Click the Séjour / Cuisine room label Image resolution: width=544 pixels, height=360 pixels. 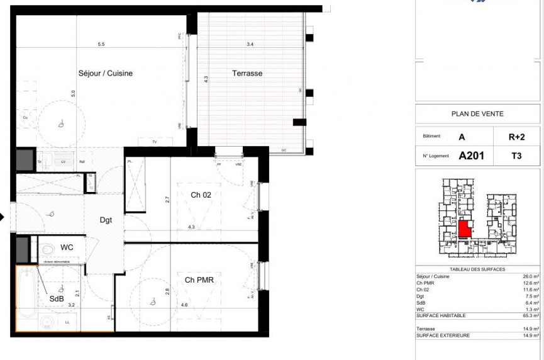pos(105,74)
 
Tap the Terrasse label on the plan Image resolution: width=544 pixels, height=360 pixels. pos(247,74)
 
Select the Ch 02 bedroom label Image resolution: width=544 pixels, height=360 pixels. pos(201,195)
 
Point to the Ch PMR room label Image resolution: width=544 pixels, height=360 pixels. pos(200,280)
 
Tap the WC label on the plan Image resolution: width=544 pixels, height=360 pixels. pos(67,247)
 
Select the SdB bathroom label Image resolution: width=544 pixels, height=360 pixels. pos(57,299)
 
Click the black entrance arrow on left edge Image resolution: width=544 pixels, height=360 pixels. pos(3,218)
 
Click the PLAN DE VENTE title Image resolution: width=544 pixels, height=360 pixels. pos(477,114)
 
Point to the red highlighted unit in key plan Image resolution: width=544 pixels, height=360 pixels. pos(464,228)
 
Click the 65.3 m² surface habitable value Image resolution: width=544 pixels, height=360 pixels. pos(530,317)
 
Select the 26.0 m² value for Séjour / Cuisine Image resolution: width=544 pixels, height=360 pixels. pos(531,276)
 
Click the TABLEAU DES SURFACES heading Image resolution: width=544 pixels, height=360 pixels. pos(477,269)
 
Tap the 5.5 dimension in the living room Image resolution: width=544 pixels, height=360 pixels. pos(101,44)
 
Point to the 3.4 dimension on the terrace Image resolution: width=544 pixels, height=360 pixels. pos(250,44)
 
